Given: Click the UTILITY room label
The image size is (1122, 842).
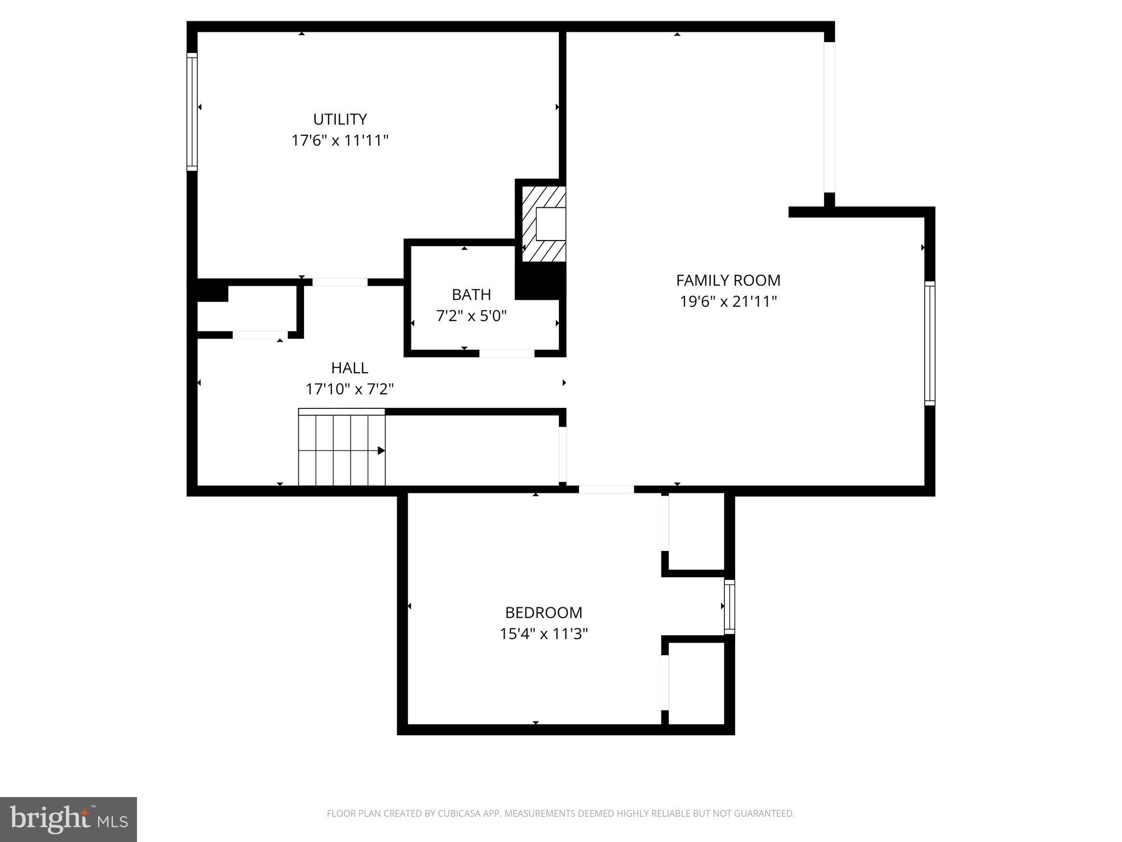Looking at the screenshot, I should click(340, 119).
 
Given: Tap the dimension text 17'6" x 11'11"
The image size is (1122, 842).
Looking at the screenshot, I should click(340, 140).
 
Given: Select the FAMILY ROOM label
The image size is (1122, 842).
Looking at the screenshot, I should click(728, 280).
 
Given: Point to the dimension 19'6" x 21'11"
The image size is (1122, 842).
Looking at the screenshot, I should click(728, 301).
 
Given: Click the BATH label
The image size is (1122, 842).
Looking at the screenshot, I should click(471, 294).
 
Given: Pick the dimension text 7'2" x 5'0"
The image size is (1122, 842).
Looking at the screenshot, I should click(471, 316).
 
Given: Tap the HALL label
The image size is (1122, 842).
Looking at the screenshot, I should click(350, 367).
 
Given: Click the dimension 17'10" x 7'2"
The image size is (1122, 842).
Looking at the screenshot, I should click(350, 389).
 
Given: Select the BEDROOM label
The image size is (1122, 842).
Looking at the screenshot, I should click(543, 612).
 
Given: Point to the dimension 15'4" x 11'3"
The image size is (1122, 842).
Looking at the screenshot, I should click(543, 634).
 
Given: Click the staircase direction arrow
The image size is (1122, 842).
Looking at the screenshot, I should click(380, 451).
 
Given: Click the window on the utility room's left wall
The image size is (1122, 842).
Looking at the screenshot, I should click(192, 112).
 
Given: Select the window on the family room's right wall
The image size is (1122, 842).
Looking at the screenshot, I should click(930, 343).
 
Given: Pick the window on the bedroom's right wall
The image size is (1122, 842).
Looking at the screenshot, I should click(729, 606).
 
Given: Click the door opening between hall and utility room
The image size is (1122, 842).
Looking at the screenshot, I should click(340, 282).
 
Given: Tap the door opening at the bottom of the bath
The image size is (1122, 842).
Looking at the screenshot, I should click(507, 354).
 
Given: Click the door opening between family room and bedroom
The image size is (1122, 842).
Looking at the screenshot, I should click(606, 490).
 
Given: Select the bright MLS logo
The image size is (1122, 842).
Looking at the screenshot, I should click(68, 819).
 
